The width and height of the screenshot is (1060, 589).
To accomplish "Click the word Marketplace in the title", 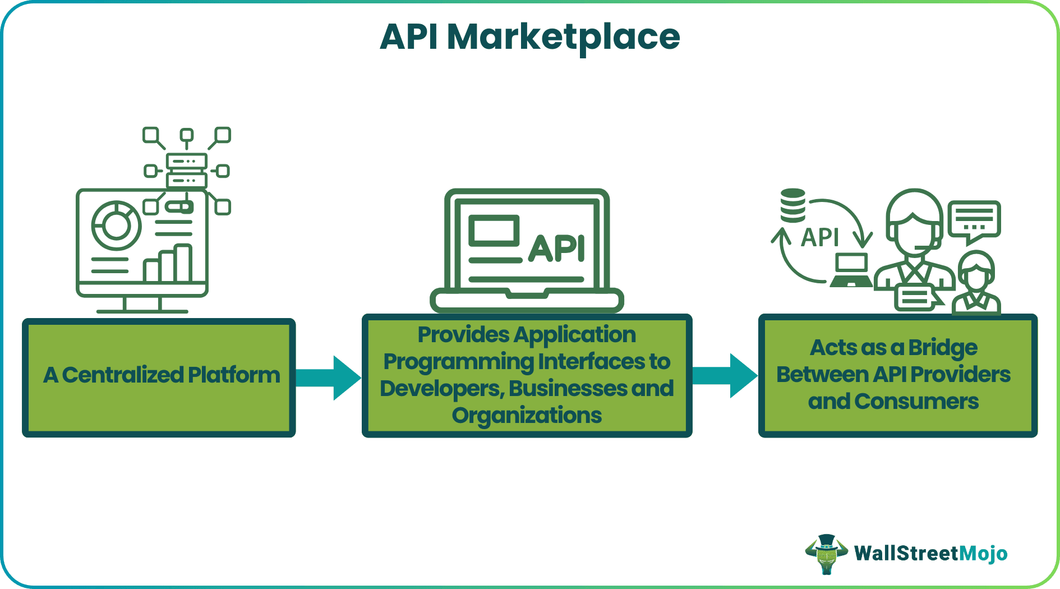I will tap(563, 37).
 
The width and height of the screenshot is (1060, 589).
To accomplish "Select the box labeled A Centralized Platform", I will tap(159, 378).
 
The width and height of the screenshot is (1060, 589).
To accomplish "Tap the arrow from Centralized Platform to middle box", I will tap(330, 378).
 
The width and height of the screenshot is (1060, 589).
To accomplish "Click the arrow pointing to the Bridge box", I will tap(726, 375).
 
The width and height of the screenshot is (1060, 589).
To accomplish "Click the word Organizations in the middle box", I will tap(527, 416).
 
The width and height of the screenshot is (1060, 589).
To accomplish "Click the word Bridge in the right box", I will tap(943, 348).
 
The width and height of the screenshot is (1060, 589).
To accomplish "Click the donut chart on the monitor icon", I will tap(116, 225).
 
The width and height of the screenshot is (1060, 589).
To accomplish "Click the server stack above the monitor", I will tap(187, 171).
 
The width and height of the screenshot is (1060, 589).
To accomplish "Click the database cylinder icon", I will tap(793, 205).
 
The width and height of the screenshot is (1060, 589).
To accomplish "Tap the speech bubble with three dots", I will tap(974, 220).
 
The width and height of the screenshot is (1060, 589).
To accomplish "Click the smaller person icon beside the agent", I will tap(976, 283).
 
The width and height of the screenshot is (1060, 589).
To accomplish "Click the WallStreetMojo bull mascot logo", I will tap(826, 554).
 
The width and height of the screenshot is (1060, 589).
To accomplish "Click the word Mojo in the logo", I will tap(983, 554).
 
